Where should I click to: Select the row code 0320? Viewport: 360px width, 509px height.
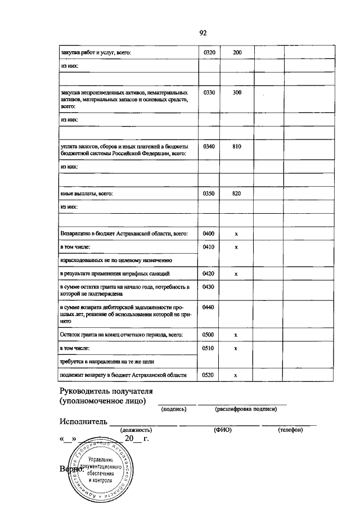(209, 52)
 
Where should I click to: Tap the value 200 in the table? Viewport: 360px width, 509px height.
(237, 52)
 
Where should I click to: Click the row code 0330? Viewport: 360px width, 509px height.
(209, 92)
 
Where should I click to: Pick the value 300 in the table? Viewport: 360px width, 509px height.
(237, 92)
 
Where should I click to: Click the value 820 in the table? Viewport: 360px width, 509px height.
(237, 193)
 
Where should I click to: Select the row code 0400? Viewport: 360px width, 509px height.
(209, 233)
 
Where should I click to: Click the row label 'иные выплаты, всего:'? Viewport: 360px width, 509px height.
(87, 193)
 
